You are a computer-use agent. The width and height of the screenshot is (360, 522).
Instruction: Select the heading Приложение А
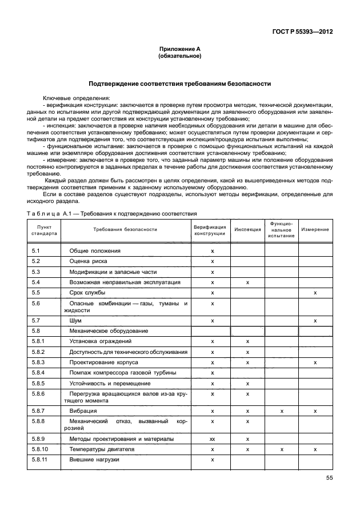[x=179, y=50]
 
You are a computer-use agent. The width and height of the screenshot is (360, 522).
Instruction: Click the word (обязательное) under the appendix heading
[x=179, y=57]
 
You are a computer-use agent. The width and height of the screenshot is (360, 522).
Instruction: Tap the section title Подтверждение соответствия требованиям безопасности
[x=179, y=83]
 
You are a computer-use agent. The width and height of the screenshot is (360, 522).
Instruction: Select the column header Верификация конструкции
[x=212, y=230]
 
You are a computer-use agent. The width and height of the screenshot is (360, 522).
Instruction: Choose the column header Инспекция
[x=247, y=230]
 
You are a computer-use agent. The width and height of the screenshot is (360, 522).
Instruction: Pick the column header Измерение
[x=315, y=230]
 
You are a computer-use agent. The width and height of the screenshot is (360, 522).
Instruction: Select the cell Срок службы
[x=87, y=293]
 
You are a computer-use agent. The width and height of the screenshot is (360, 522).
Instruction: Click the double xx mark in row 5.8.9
[x=212, y=439]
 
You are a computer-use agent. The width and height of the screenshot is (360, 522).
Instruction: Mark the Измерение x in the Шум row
[x=315, y=321]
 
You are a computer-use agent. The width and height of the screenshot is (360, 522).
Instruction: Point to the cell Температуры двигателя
[x=102, y=449]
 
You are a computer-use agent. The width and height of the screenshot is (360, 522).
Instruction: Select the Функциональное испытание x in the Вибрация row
[x=281, y=411]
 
